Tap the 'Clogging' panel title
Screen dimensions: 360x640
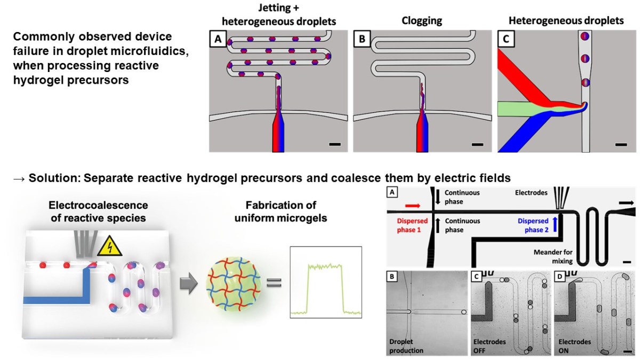421,21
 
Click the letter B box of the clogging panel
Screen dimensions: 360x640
362,38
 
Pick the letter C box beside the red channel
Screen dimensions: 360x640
505,38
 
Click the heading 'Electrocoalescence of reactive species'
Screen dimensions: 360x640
98,211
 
